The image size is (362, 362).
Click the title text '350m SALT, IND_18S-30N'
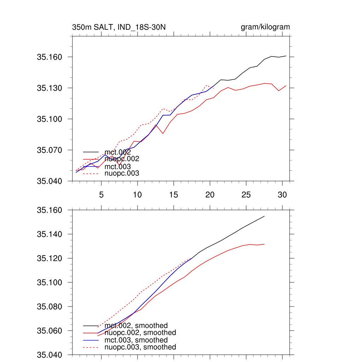(119, 27)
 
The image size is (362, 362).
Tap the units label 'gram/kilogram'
(265, 27)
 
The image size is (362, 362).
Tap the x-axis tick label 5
(101, 194)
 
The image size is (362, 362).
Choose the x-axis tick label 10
(137, 194)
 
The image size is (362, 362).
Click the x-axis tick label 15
(174, 194)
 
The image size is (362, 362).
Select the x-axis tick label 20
(210, 194)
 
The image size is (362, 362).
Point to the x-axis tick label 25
(246, 194)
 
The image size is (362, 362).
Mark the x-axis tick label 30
(282, 194)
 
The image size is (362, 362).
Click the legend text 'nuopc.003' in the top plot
(122, 173)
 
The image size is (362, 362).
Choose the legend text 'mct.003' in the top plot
(118, 166)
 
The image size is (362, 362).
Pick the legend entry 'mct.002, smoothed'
(136, 326)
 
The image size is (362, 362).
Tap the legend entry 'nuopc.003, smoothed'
(140, 347)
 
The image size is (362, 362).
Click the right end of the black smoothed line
(264, 216)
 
